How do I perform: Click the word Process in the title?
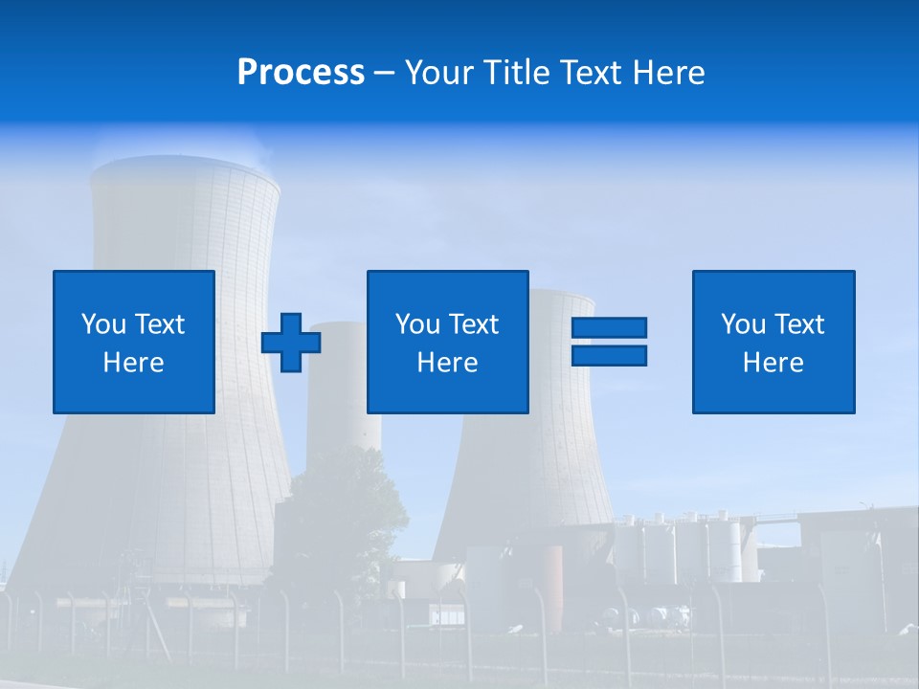click(301, 73)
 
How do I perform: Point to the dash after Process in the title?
click(384, 75)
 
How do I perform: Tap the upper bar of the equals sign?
click(609, 327)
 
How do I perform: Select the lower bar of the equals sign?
click(609, 356)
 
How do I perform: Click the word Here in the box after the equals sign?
click(773, 363)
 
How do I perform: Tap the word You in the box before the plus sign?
click(103, 324)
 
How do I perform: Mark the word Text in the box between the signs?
click(475, 324)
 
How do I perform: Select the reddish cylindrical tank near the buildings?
click(553, 572)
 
